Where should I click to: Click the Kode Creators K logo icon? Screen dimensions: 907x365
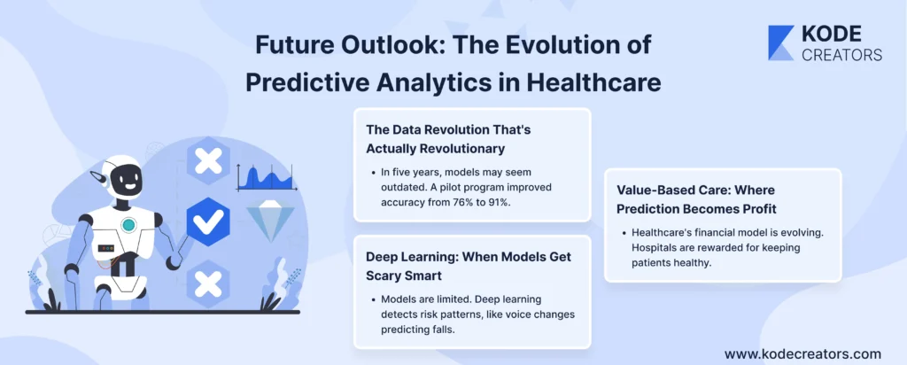pyautogui.click(x=781, y=43)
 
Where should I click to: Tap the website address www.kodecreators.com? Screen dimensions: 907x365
pyautogui.click(x=802, y=353)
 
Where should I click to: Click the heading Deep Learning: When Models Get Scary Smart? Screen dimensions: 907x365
pyautogui.click(x=469, y=266)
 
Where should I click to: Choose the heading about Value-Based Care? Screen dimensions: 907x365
pyautogui.click(x=703, y=198)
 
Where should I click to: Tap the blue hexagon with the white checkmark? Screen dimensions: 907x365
pyautogui.click(x=207, y=221)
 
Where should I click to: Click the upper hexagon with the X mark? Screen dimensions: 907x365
pyautogui.click(x=207, y=161)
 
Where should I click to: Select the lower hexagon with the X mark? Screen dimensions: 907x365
pyautogui.click(x=207, y=283)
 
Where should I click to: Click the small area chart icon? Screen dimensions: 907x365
pyautogui.click(x=267, y=177)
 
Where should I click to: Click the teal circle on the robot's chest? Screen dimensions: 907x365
pyautogui.click(x=128, y=225)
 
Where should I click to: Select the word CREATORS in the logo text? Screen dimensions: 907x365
pyautogui.click(x=841, y=54)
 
